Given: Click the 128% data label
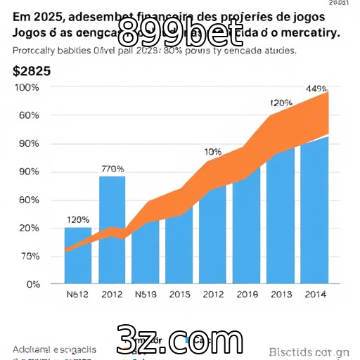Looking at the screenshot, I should [x=77, y=219].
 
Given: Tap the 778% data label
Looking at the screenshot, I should [x=112, y=169].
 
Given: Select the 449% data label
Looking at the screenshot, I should [x=316, y=89].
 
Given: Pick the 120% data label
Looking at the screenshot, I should [x=281, y=103].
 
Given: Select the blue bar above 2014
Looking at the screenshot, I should [x=314, y=211].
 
